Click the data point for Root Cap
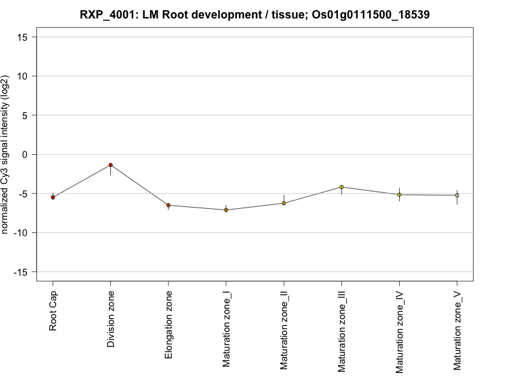click(53, 197)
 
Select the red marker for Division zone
click(110, 165)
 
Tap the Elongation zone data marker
click(168, 205)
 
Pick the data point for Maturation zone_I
click(226, 209)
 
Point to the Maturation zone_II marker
click(284, 203)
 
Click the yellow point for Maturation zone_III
click(341, 187)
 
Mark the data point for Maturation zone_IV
click(399, 195)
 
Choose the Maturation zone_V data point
click(456, 195)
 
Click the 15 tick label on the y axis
click(24, 37)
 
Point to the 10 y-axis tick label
click(24, 76)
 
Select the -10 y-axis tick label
click(22, 233)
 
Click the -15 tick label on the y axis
click(22, 272)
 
